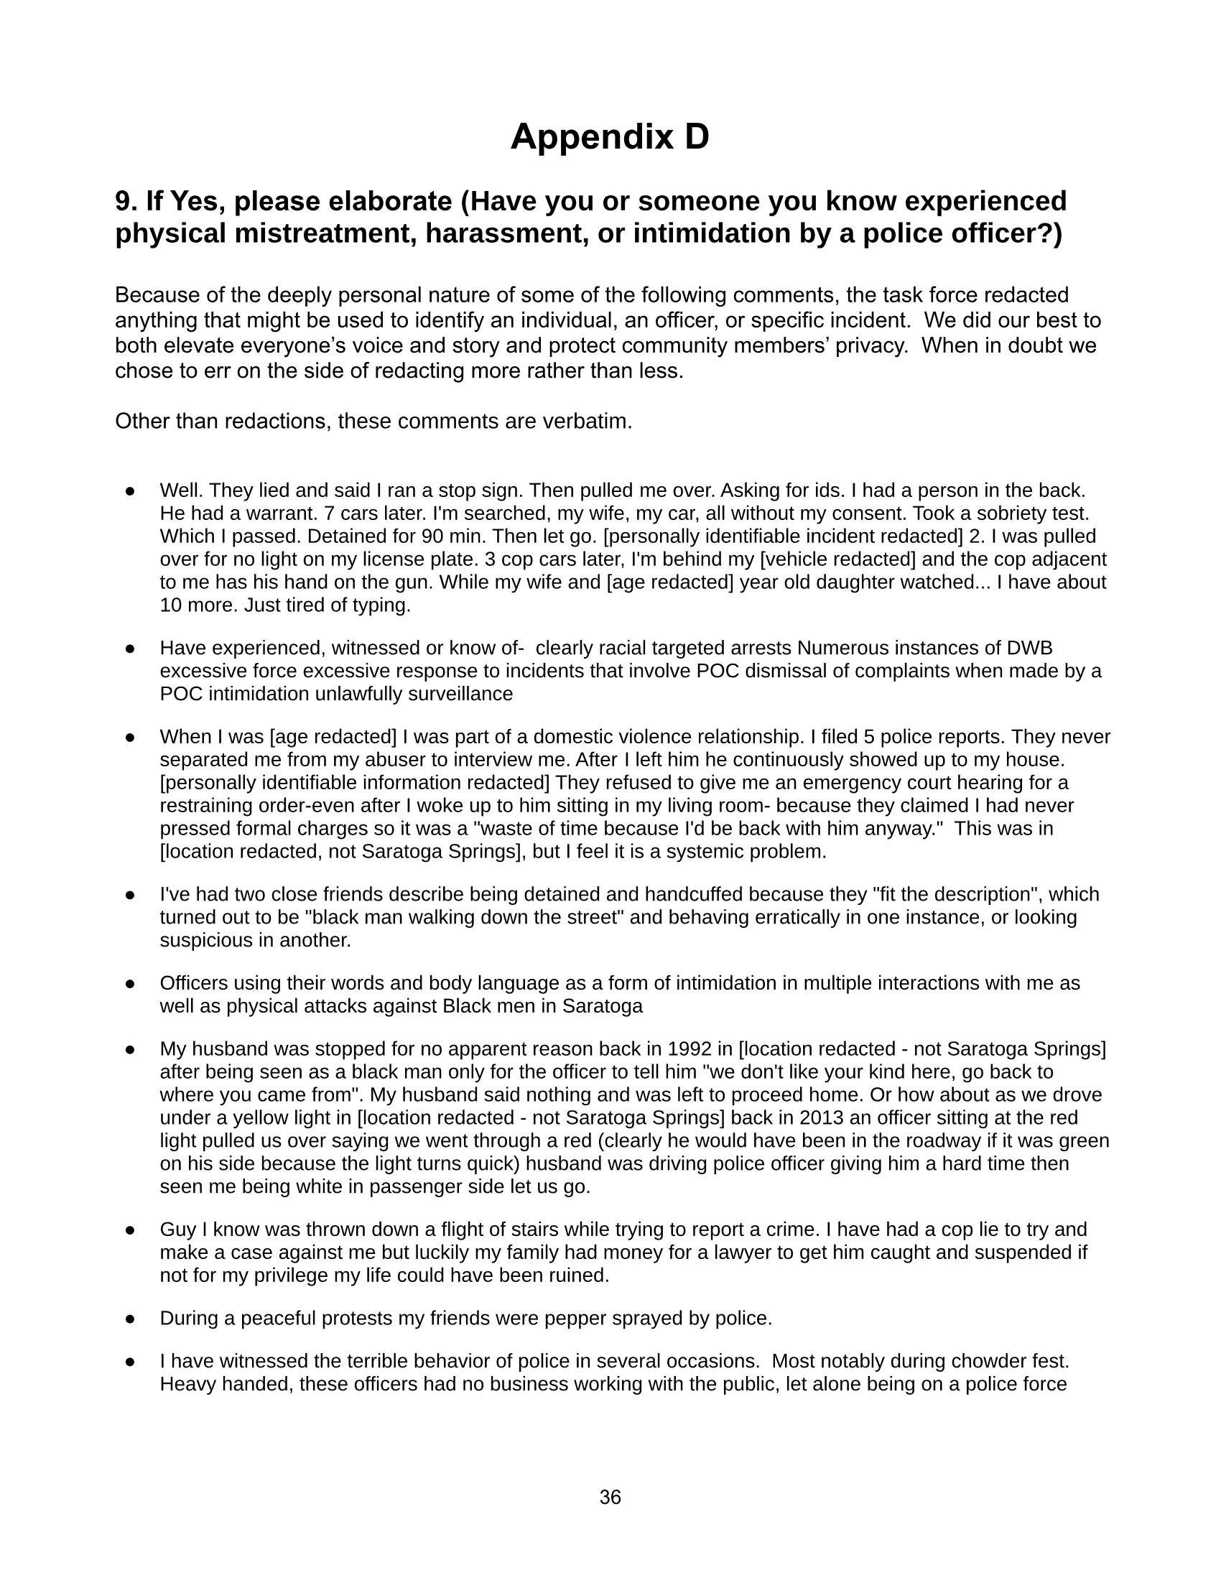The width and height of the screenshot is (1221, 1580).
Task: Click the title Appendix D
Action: (x=610, y=136)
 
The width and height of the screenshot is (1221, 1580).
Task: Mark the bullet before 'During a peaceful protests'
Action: (x=130, y=1318)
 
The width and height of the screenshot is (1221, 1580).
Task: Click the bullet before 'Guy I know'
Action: (x=130, y=1230)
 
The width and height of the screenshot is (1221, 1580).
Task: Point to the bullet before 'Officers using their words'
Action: (x=130, y=983)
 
